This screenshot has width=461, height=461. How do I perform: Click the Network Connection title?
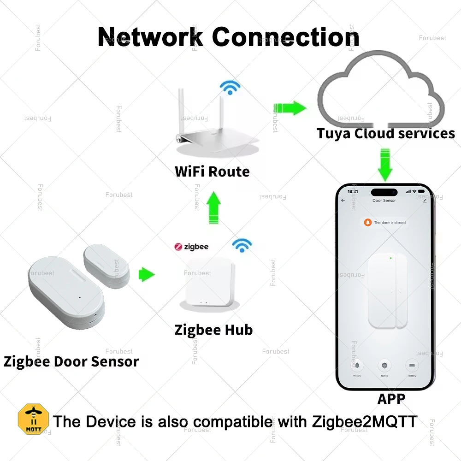click(x=228, y=36)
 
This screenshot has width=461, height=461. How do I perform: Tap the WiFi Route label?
click(x=212, y=172)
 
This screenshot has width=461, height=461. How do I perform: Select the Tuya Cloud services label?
click(x=385, y=134)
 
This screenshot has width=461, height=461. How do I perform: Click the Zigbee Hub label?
click(x=213, y=330)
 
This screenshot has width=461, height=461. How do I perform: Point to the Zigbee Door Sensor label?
click(x=71, y=361)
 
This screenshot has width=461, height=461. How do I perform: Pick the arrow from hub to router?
click(x=213, y=208)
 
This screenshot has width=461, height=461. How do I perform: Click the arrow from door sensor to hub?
click(x=147, y=275)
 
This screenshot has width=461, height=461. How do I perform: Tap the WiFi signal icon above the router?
click(x=230, y=87)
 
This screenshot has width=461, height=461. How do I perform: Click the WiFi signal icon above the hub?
click(x=242, y=245)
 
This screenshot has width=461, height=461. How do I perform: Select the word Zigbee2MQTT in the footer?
click(x=365, y=422)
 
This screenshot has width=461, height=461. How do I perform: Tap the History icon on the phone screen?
click(x=357, y=367)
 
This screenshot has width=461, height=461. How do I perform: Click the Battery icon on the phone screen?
click(x=412, y=367)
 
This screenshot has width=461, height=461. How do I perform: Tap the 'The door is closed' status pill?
click(x=385, y=222)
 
